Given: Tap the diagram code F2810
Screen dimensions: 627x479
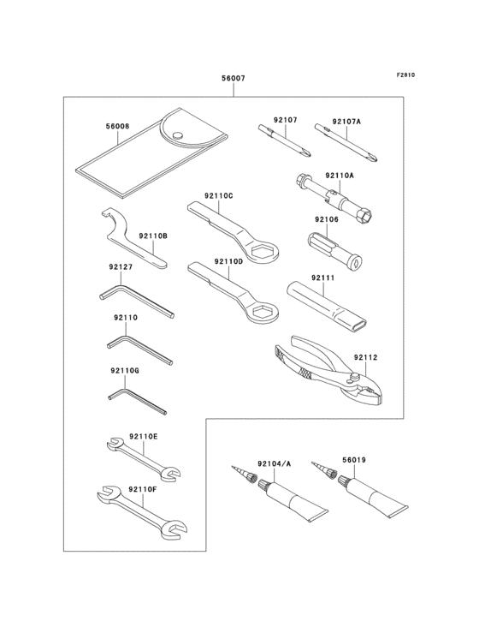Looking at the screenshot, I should pyautogui.click(x=405, y=75).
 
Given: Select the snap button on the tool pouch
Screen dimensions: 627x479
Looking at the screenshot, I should pyautogui.click(x=177, y=134).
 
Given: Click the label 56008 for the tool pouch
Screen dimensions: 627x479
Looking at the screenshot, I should pyautogui.click(x=118, y=126).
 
